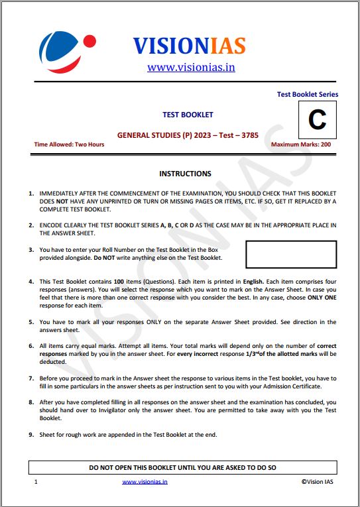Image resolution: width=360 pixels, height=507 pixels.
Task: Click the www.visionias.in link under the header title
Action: pyautogui.click(x=191, y=67)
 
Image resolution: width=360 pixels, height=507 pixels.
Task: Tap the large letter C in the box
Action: pyautogui.click(x=318, y=120)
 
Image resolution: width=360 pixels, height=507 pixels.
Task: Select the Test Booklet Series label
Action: pyautogui.click(x=307, y=94)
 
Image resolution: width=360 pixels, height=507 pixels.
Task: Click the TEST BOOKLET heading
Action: pyautogui.click(x=188, y=115)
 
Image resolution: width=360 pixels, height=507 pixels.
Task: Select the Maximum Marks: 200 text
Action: pyautogui.click(x=300, y=144)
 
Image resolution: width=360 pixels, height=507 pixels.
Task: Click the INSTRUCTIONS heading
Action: pyautogui.click(x=185, y=174)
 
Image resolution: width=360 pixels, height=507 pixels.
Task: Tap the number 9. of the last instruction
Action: pyautogui.click(x=31, y=435)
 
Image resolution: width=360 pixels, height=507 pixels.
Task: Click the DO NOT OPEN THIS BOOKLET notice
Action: pyautogui.click(x=182, y=468)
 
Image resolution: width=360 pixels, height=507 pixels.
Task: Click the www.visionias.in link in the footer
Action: pyautogui.click(x=145, y=482)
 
